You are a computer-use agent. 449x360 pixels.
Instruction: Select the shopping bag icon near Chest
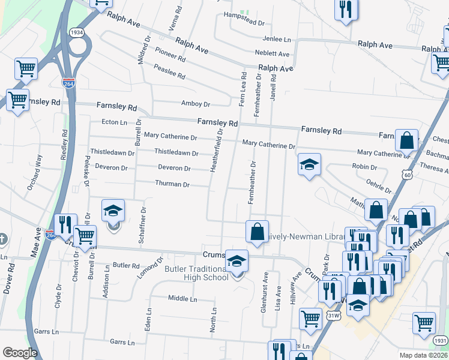[x=406, y=140]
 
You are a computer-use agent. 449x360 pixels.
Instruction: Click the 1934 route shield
[x=76, y=32]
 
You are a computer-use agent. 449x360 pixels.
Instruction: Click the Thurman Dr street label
[x=172, y=184]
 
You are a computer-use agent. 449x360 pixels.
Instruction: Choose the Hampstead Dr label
[x=244, y=23]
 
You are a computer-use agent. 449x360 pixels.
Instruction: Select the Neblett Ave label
[x=271, y=54]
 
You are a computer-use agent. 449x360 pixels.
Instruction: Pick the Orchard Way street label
[x=34, y=172]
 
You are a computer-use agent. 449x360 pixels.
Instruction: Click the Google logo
[x=20, y=353]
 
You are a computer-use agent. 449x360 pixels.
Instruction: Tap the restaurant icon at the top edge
[x=345, y=9]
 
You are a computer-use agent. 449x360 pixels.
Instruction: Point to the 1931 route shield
[x=440, y=340]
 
